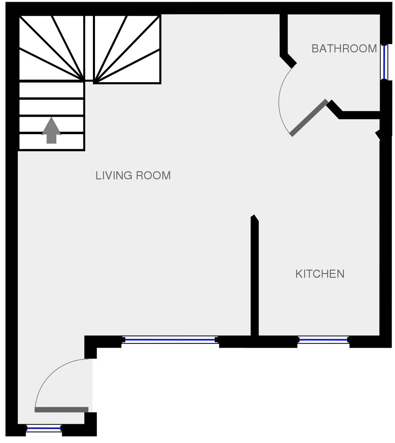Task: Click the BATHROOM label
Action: pos(344,49)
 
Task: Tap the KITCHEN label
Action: pos(320,274)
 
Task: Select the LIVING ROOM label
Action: pos(133,175)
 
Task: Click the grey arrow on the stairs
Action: pos(52,130)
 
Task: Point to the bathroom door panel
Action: pos(309,118)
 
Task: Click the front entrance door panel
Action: pos(62,410)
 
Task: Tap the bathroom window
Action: pos(384,62)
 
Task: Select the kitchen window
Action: pos(323,339)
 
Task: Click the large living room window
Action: pos(170,339)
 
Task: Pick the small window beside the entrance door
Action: pos(44,429)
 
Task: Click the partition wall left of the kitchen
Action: pos(254,276)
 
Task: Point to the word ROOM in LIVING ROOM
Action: pos(153,175)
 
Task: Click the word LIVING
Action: pos(114,175)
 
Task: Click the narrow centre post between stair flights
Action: pos(89,48)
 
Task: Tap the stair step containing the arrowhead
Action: pos(52,124)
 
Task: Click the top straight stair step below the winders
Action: pos(52,90)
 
